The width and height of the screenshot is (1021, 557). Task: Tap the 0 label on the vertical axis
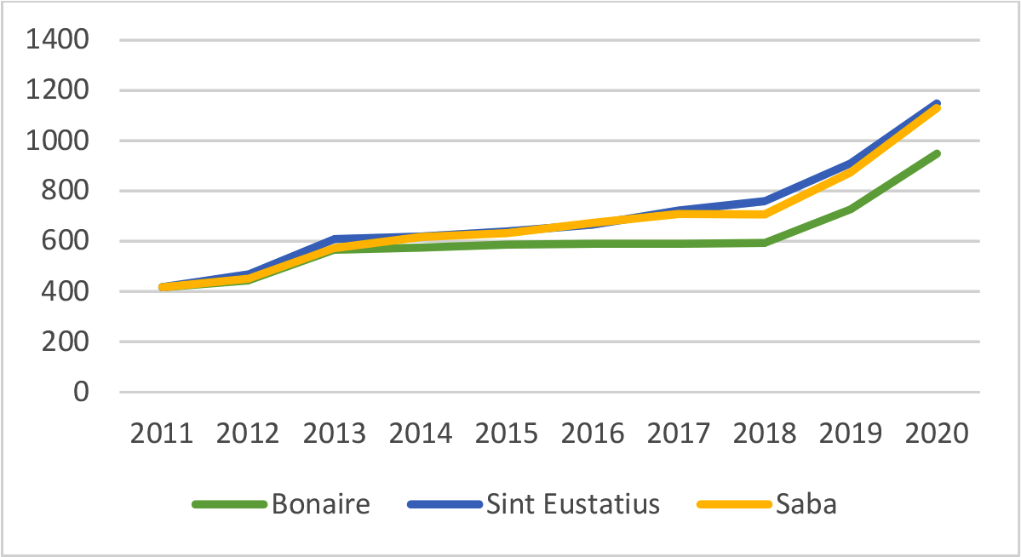pyautogui.click(x=81, y=392)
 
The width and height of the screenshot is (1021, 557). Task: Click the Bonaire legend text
pyautogui.click(x=321, y=504)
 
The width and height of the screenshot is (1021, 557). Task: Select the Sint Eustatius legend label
pyautogui.click(x=573, y=504)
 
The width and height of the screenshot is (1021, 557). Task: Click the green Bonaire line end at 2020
pyautogui.click(x=937, y=154)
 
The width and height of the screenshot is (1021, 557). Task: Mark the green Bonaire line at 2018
pyautogui.click(x=764, y=243)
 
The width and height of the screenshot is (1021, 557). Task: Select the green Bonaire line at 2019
pyautogui.click(x=850, y=209)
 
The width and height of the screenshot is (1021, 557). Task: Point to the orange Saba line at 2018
pyautogui.click(x=764, y=214)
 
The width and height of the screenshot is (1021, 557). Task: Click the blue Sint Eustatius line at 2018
pyautogui.click(x=764, y=201)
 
